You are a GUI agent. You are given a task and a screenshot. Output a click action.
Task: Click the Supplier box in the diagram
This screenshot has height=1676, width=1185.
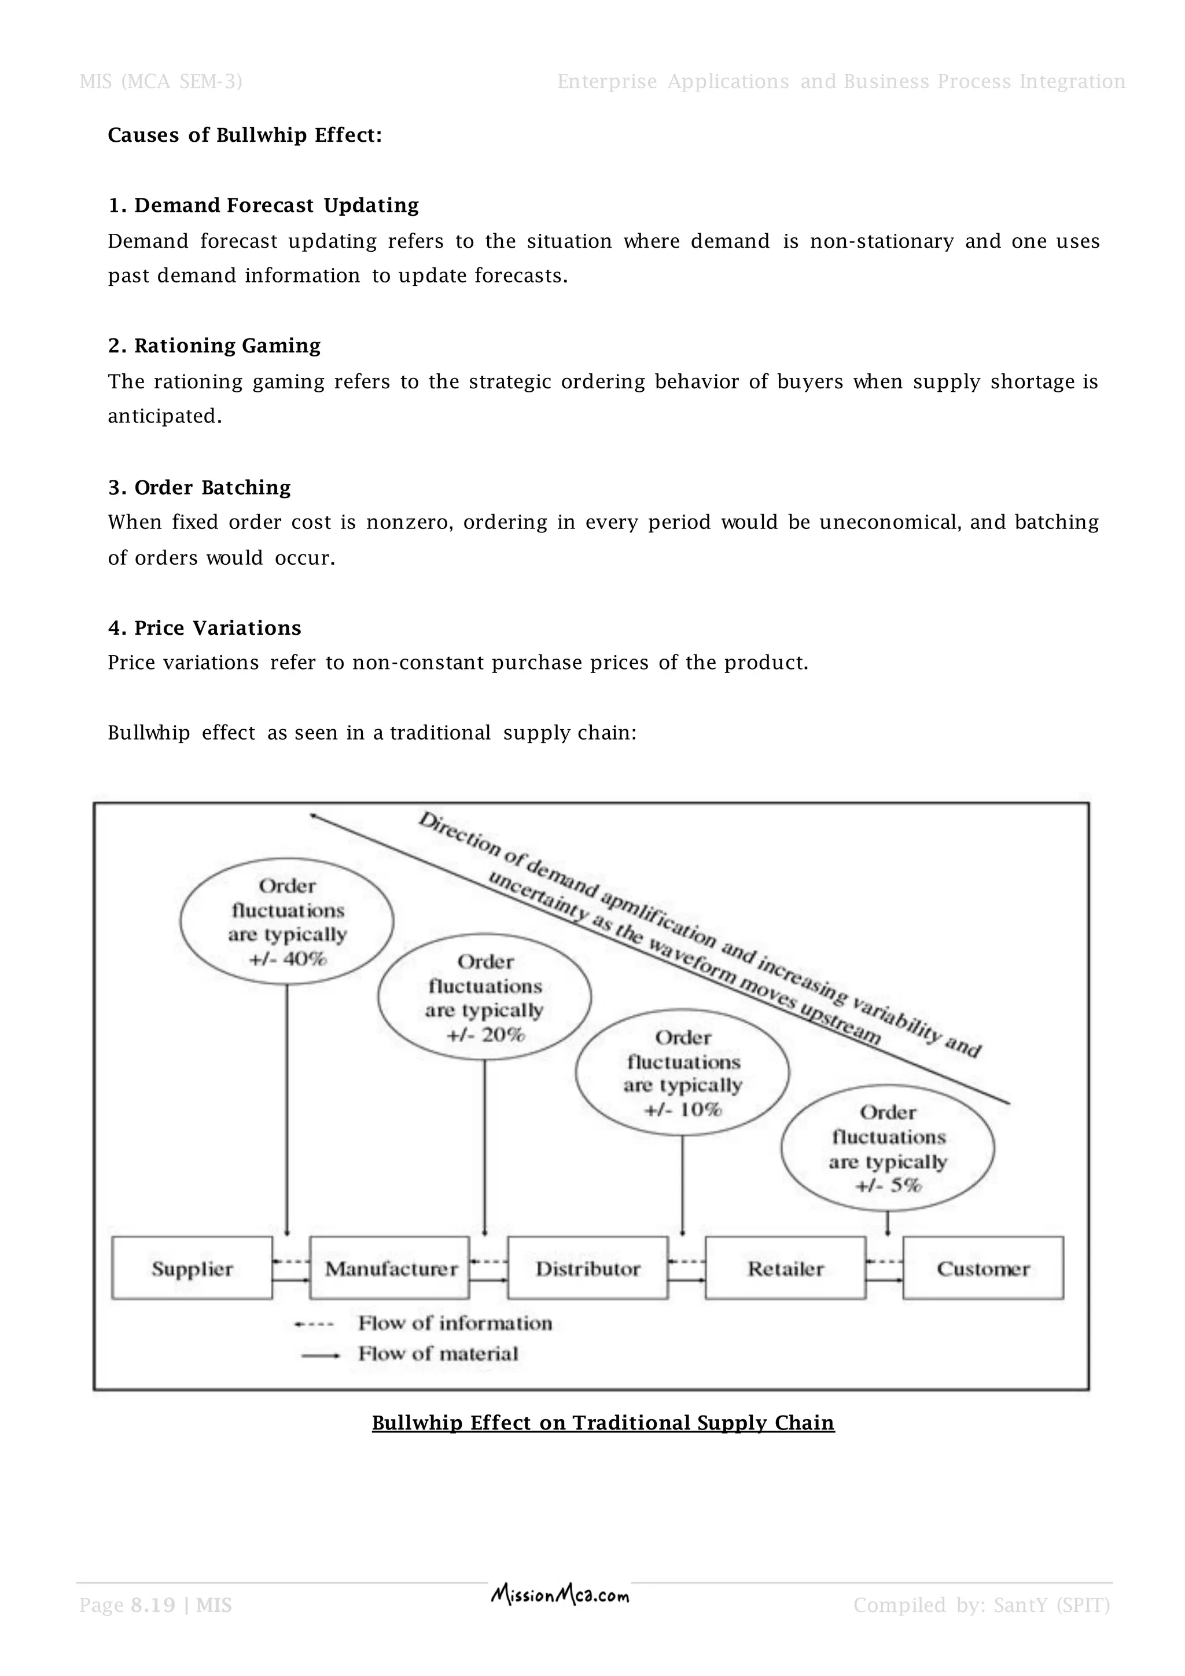coord(192,1269)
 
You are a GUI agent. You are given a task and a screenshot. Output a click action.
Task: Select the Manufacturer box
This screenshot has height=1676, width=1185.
coord(391,1269)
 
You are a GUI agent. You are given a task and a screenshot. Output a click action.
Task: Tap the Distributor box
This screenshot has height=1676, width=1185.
coord(588,1269)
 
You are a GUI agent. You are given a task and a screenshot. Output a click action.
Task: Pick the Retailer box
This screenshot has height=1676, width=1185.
coord(786,1269)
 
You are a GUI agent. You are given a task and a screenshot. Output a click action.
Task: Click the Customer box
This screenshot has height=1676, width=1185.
coord(983,1269)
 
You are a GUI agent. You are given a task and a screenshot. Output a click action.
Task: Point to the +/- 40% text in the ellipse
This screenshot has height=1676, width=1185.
coord(288,959)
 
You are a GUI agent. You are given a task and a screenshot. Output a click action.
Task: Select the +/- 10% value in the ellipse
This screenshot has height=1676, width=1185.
coord(683,1109)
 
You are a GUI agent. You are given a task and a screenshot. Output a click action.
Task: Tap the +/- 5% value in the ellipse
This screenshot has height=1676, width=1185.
coord(888,1185)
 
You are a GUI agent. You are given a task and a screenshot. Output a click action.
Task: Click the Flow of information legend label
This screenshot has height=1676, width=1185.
coord(455,1323)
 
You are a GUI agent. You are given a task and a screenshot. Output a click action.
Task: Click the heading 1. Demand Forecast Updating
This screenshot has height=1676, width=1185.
coord(263,206)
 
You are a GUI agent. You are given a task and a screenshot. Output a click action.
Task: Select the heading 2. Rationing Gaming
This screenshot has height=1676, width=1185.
coord(215,346)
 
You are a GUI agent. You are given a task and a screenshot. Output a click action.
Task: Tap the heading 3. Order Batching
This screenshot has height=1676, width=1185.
coord(199,488)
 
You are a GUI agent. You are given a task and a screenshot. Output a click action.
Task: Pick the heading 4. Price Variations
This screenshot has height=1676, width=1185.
coord(204,628)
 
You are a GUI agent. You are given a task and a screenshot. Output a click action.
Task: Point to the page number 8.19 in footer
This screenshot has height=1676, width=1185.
coord(153,1605)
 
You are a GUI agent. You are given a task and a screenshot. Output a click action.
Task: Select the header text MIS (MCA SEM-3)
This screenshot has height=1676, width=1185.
coord(160,81)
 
